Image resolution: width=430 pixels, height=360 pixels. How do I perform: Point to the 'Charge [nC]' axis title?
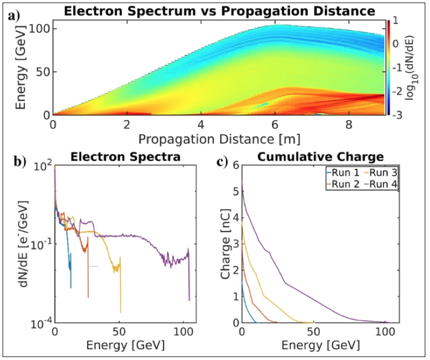coord(225,244)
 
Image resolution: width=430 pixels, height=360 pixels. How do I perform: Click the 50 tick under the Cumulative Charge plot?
coord(314,332)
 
